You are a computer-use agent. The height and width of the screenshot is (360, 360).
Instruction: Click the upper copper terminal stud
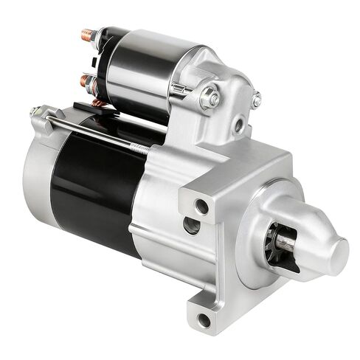pyautogui.click(x=87, y=34)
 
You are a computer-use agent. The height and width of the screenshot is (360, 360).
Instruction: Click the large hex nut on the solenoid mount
pyautogui.click(x=210, y=94)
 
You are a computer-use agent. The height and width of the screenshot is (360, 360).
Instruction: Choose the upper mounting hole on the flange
pyautogui.click(x=200, y=204)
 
